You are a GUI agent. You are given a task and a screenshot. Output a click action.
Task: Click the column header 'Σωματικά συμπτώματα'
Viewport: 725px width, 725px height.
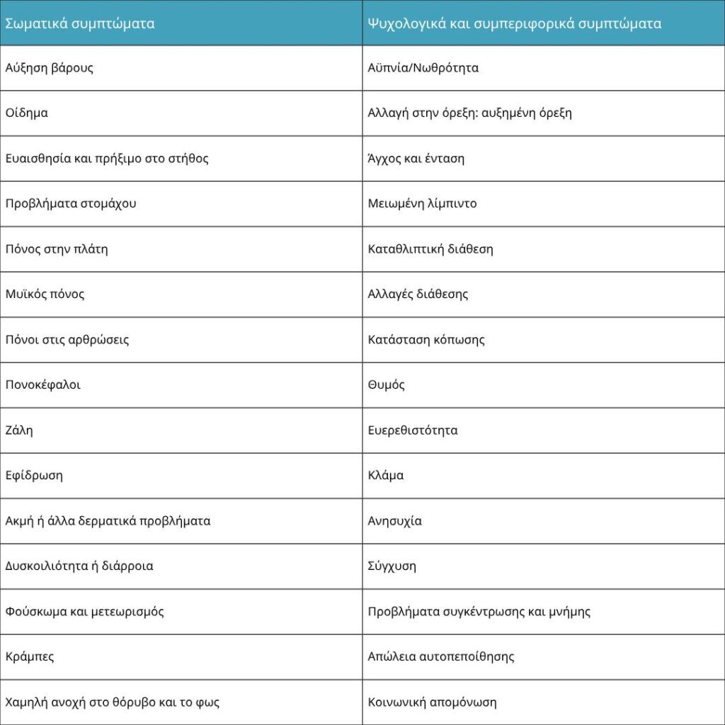tap(80, 23)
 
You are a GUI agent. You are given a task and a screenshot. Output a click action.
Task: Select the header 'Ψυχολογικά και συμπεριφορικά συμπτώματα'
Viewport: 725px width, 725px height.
tap(515, 23)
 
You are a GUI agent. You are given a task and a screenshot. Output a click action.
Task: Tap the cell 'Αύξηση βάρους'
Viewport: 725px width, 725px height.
tap(50, 68)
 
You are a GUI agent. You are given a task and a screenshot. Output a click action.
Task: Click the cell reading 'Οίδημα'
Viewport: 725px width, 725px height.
tap(27, 113)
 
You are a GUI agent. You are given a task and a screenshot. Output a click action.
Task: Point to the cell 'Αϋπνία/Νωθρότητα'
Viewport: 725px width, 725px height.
tap(423, 68)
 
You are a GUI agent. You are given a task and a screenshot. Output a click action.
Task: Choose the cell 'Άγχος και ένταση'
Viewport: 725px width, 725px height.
tap(416, 158)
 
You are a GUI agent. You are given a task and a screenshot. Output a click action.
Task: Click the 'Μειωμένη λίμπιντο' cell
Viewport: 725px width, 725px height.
tap(423, 203)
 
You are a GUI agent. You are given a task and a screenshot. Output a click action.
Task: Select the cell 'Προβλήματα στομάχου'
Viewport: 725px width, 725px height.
tap(71, 203)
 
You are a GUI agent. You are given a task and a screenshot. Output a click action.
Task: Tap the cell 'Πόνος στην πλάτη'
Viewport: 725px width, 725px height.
tap(57, 249)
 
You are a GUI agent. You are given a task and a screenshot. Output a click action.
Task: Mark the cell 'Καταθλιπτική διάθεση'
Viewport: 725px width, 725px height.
tap(430, 249)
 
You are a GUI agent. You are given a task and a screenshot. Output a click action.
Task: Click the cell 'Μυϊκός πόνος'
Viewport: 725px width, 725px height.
tap(45, 294)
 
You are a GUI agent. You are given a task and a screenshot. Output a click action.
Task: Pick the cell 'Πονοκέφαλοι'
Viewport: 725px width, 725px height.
tap(43, 384)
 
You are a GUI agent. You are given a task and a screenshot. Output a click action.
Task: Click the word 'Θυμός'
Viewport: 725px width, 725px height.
tap(387, 384)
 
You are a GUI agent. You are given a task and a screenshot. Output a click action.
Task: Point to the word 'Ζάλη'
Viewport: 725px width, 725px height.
tap(19, 430)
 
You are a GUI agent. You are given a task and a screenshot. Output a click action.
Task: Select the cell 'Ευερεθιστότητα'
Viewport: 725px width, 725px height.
tap(413, 430)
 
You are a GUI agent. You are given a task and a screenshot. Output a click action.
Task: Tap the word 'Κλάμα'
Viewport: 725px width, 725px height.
tap(386, 475)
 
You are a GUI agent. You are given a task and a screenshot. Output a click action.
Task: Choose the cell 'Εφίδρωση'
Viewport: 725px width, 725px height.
tap(34, 475)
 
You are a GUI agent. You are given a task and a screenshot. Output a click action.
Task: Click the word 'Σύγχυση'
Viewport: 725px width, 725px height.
tap(392, 566)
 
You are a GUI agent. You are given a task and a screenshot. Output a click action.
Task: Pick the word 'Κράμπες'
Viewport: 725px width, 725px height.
tap(30, 656)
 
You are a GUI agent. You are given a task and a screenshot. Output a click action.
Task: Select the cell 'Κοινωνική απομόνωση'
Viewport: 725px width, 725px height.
tap(433, 702)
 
